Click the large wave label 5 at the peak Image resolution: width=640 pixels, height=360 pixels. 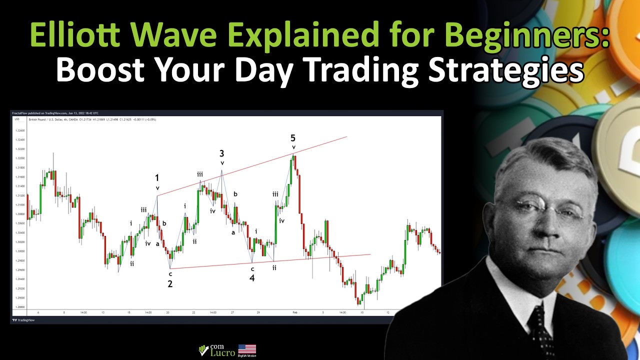[x=293, y=138]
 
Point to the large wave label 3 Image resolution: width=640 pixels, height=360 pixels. [x=221, y=153]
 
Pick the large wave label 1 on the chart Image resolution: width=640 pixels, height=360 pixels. [x=157, y=178]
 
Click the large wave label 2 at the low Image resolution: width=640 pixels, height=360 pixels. [x=170, y=284]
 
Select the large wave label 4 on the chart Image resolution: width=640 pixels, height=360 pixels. [x=252, y=278]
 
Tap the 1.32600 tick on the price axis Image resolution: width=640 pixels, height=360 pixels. [x=20, y=130]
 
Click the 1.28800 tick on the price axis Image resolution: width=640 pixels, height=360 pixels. [x=20, y=306]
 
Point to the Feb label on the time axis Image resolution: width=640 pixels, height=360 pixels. [x=295, y=312]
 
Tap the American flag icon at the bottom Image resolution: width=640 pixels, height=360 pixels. [x=247, y=349]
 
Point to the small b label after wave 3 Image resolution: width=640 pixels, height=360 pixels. [x=235, y=194]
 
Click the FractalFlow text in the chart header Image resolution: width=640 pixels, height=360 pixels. [x=19, y=113]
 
